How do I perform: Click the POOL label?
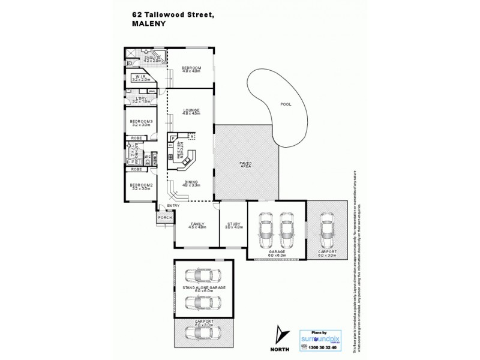tap(286, 104)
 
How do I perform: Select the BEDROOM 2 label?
tap(140, 187)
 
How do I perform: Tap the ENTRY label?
tap(173, 206)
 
